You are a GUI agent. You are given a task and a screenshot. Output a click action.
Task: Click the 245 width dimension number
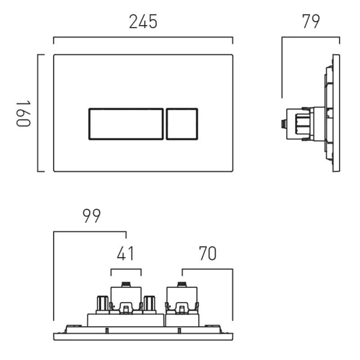[x=143, y=22]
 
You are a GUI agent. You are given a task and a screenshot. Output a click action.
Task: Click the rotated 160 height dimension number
[x=23, y=113]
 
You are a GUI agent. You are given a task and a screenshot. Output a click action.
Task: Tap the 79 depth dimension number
[x=310, y=22]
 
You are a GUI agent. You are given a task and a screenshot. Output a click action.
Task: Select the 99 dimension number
[x=91, y=216]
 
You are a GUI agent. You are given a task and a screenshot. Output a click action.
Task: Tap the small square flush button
[x=182, y=124]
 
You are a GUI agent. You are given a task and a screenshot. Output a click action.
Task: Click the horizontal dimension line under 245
[x=143, y=38]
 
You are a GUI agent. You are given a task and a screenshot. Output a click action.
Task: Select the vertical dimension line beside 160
[x=38, y=113]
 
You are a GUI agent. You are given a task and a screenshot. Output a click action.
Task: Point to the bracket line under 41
[x=126, y=269]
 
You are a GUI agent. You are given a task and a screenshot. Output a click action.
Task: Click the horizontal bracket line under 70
[x=207, y=269]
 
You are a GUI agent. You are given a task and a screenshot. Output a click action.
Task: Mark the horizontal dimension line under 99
[x=90, y=232]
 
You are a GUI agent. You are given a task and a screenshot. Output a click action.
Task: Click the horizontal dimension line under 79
[x=310, y=38]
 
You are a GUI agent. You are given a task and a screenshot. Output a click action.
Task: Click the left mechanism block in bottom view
[x=126, y=299]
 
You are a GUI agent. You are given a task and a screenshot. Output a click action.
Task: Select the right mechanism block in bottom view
[x=182, y=299]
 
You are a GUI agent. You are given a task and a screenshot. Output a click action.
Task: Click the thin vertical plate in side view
[x=336, y=113]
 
